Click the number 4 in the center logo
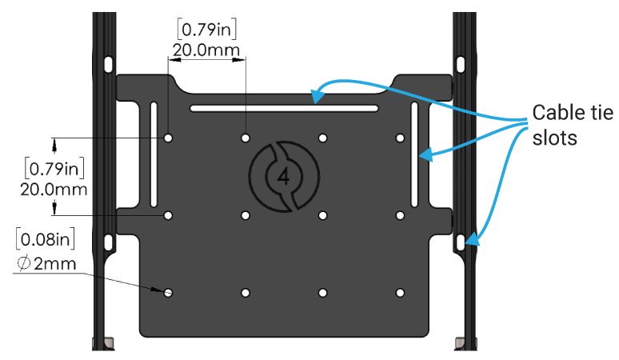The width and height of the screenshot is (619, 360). pos(284,176)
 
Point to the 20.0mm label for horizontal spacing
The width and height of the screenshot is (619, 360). pos(206,50)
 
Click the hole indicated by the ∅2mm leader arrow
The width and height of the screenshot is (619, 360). pos(169,293)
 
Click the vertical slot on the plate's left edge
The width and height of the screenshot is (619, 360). pos(153,154)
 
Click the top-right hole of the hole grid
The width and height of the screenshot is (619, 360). pos(399,138)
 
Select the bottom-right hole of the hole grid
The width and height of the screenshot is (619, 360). pos(399,293)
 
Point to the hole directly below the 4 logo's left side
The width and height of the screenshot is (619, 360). pos(246,215)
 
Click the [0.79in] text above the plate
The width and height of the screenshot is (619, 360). pos(206,29)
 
